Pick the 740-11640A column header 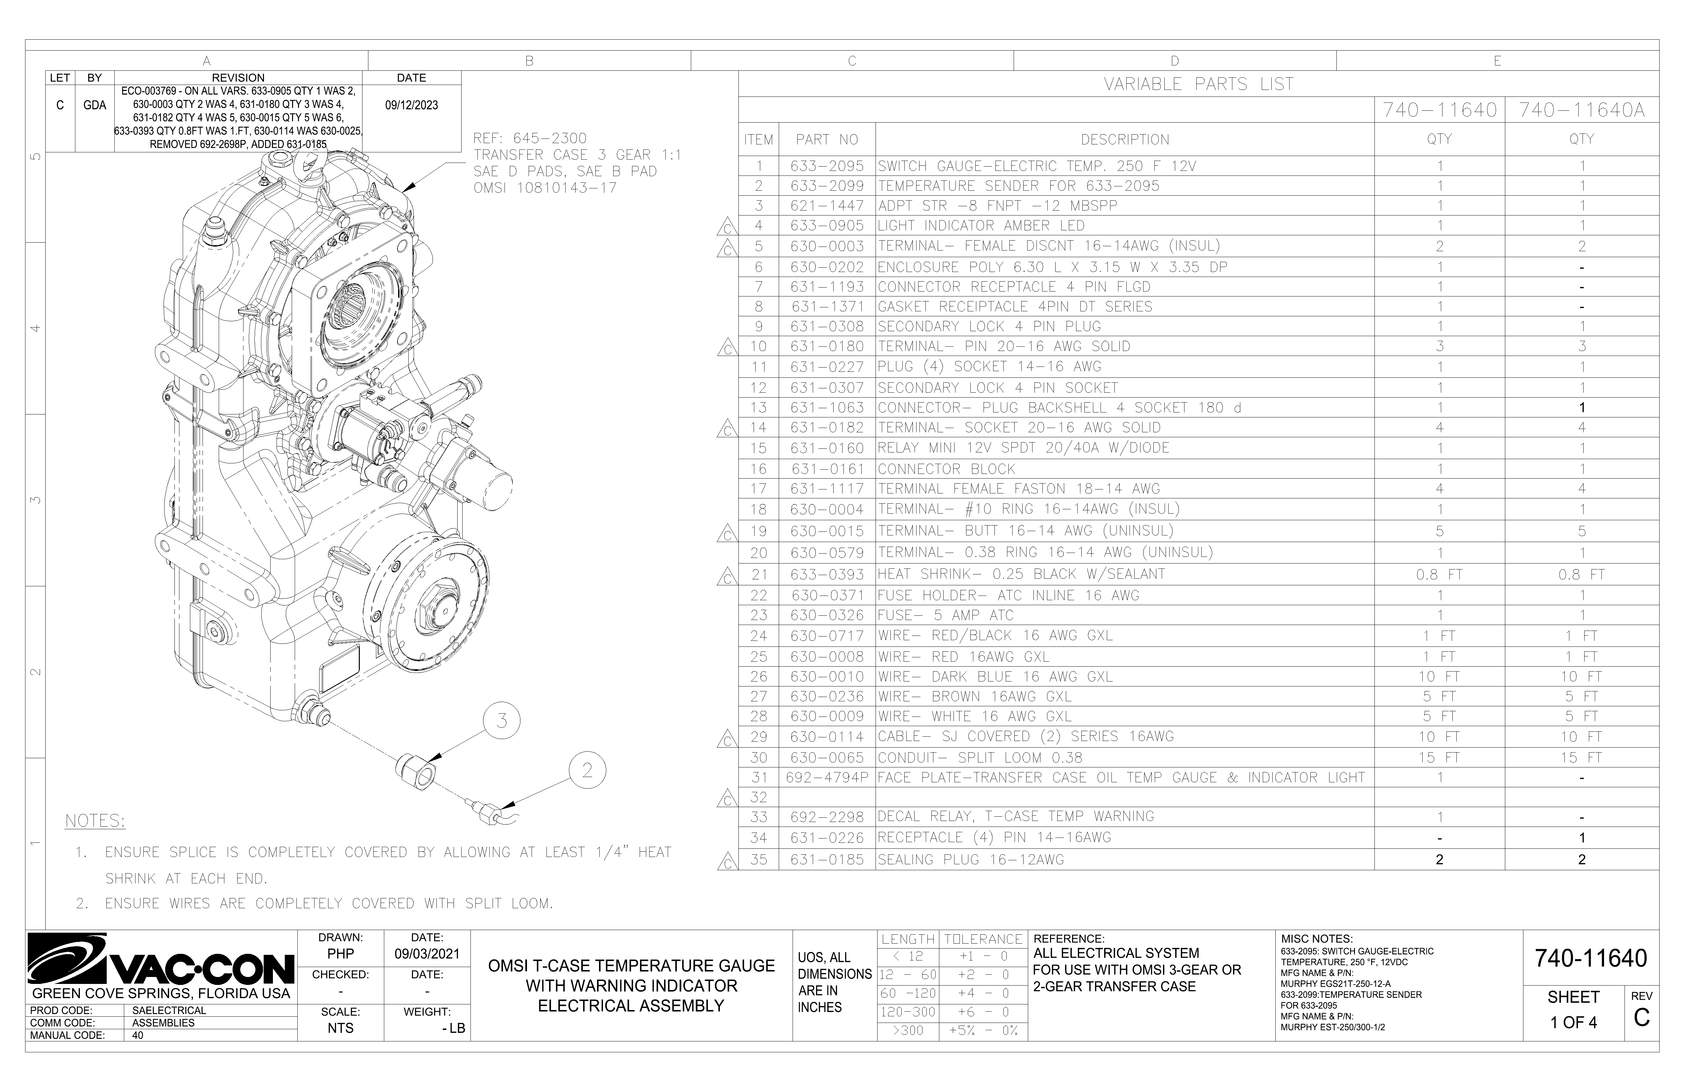(x=1582, y=110)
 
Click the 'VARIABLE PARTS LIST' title (x=1199, y=84)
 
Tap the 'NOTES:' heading (x=95, y=821)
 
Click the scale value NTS (x=341, y=1028)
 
